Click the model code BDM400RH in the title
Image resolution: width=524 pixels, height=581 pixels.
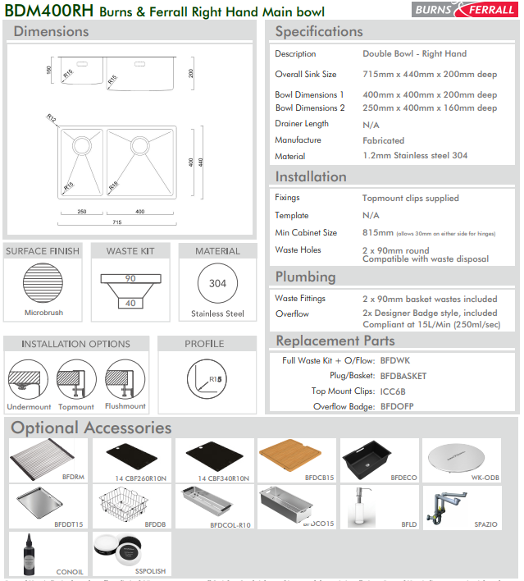click(x=48, y=11)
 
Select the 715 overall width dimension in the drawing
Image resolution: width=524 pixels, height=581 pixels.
click(x=117, y=222)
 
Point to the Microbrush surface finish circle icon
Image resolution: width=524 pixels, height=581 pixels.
click(x=43, y=284)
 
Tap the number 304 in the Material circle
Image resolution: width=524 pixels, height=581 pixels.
click(x=217, y=284)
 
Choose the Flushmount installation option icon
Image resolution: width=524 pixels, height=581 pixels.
click(x=124, y=380)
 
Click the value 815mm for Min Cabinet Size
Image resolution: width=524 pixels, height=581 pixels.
click(x=378, y=232)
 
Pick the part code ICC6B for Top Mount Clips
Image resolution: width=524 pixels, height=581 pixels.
click(x=394, y=391)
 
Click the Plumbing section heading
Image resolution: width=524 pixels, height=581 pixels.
click(x=305, y=277)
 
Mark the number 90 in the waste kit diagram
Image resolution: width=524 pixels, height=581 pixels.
click(x=130, y=279)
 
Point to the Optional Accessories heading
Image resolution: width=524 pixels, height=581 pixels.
click(x=91, y=428)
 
